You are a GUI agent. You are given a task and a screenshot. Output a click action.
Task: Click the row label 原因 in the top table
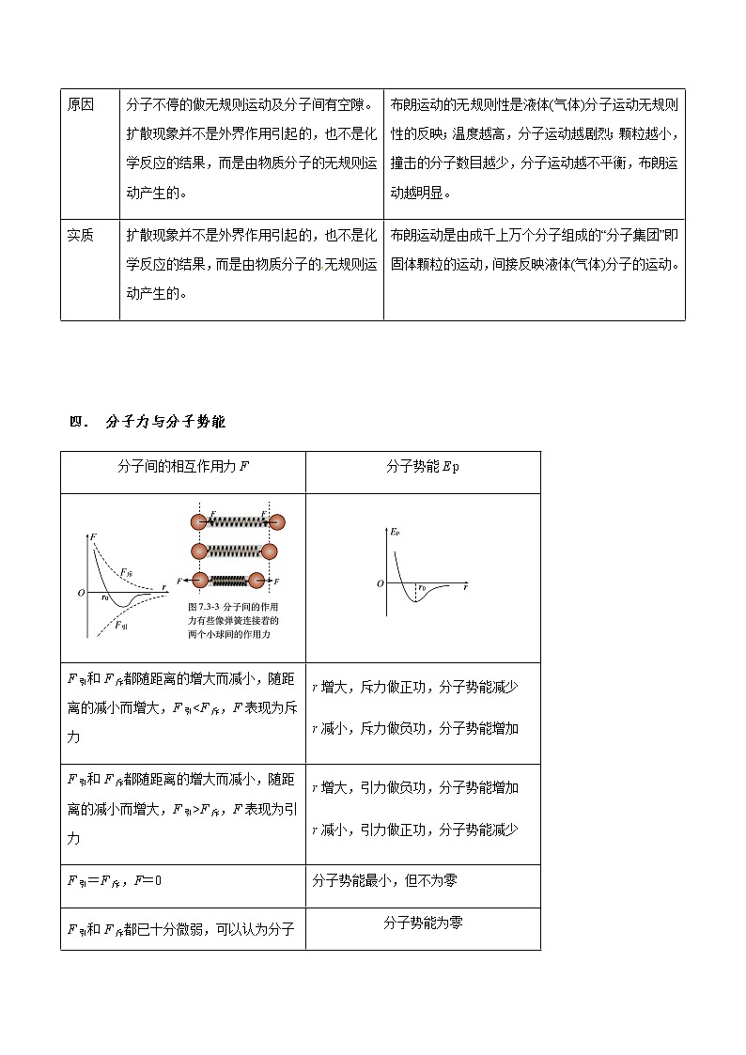click(81, 104)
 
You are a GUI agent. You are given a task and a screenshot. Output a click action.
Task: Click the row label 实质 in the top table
click(81, 236)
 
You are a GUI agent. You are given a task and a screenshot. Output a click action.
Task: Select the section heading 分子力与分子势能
click(165, 422)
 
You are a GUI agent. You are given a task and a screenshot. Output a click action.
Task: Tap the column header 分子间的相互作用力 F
click(183, 467)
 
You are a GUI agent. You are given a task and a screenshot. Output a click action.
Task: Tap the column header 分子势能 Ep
click(423, 467)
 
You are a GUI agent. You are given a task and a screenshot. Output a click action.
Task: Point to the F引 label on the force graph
click(122, 625)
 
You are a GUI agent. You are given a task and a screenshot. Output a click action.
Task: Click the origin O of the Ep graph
click(381, 584)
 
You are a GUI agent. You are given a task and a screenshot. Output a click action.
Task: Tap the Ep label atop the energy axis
click(396, 533)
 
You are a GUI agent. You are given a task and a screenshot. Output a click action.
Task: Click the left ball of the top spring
click(198, 521)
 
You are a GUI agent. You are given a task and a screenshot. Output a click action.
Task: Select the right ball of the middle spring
click(270, 551)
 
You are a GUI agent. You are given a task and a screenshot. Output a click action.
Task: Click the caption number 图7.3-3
click(203, 607)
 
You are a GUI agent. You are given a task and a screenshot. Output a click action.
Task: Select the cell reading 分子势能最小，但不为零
click(385, 880)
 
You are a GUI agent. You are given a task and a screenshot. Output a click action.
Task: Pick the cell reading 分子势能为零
click(423, 923)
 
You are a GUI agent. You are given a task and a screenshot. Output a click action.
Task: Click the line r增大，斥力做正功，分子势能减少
click(414, 687)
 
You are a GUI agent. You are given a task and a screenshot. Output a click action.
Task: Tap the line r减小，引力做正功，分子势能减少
click(414, 830)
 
